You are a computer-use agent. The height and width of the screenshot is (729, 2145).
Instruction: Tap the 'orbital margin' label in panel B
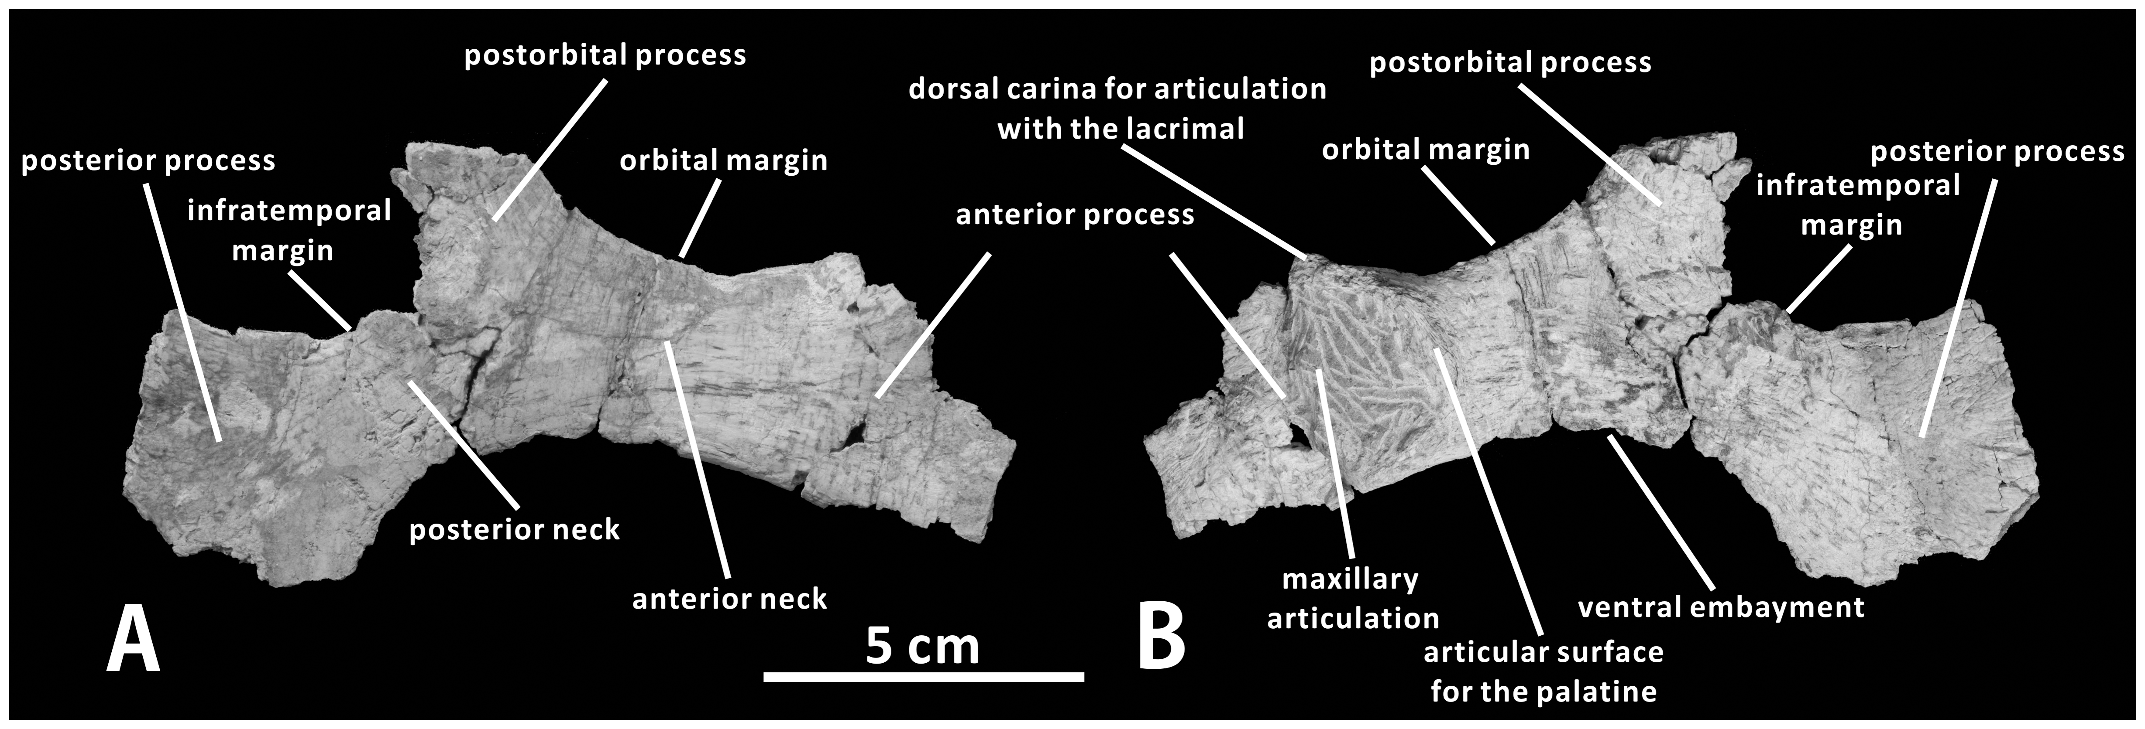1426,150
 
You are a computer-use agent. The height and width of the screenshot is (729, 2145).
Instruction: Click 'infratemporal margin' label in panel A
289,231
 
